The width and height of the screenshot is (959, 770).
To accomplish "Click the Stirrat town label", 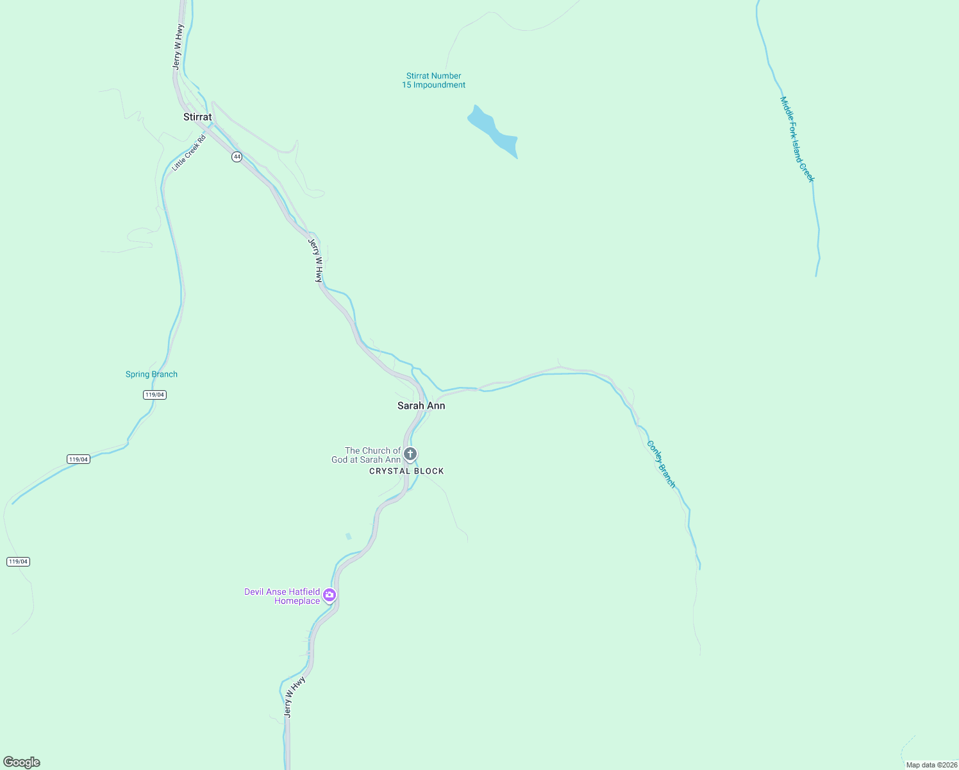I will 197,117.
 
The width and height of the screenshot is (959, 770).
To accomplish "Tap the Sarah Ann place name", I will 421,406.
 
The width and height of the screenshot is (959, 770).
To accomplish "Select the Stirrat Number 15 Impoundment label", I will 434,80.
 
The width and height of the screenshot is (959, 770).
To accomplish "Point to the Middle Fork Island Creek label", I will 797,139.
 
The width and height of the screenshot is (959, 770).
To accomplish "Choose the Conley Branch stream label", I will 661,464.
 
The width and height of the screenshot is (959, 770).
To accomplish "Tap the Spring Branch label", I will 151,374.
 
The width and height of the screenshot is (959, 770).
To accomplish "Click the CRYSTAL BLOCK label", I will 406,471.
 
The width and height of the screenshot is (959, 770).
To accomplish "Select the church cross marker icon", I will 410,454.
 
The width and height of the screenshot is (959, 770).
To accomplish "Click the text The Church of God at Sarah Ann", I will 366,455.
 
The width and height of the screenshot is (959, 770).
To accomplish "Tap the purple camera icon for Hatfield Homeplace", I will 329,595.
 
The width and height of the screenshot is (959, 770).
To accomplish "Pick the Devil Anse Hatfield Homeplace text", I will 282,596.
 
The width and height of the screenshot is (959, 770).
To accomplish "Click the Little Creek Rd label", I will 189,153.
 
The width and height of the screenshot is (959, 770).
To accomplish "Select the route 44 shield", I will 237,157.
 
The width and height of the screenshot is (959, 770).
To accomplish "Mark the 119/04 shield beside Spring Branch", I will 154,395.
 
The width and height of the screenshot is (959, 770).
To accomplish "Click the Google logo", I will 22,762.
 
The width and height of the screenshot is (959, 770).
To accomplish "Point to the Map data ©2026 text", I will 931,765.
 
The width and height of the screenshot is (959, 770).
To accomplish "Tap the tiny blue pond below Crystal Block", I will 349,536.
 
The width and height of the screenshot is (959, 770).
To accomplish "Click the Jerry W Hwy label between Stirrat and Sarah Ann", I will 315,261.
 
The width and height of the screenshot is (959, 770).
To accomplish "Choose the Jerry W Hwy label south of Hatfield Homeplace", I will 294,696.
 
